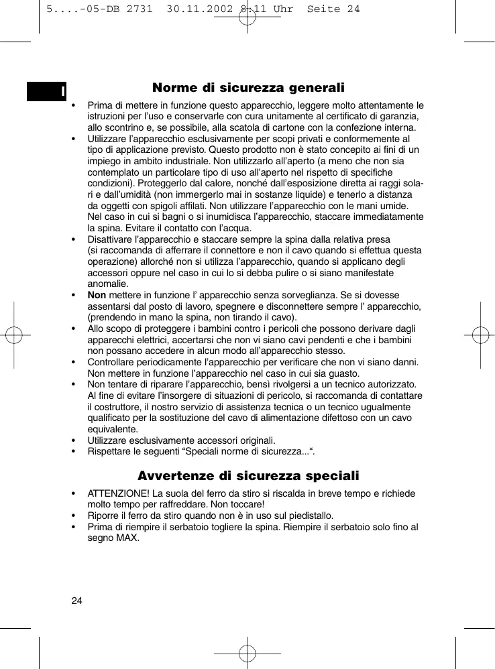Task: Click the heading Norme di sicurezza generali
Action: tap(248, 88)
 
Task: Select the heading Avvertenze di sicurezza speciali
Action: tap(248, 476)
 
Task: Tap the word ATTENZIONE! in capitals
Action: tap(117, 493)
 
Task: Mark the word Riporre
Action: tap(103, 515)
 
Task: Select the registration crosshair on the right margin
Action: tap(480, 335)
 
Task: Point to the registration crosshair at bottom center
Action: tap(248, 652)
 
